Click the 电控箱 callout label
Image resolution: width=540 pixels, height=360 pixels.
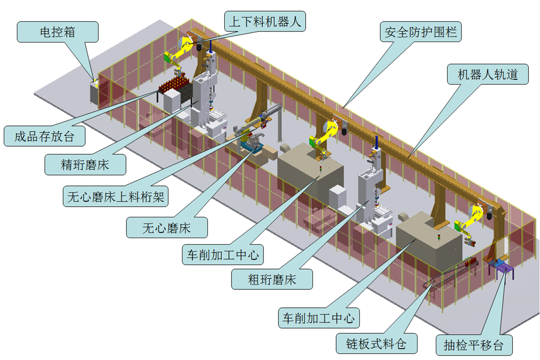[x=58, y=32]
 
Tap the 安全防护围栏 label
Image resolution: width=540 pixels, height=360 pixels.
[x=420, y=32]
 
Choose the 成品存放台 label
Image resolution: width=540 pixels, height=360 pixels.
[x=44, y=136]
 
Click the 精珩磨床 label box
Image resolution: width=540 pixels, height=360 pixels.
[x=85, y=165]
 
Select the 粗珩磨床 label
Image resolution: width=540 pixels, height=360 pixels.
[x=272, y=279]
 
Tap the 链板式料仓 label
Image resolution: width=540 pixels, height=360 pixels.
[x=377, y=344]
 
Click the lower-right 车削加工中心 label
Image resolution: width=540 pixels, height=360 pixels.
[x=319, y=318]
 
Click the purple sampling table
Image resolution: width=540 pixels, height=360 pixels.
[x=502, y=267]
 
